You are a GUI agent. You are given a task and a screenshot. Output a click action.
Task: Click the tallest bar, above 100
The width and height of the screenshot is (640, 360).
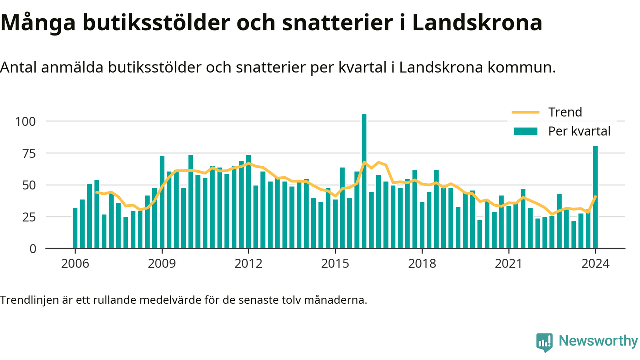(x=364, y=181)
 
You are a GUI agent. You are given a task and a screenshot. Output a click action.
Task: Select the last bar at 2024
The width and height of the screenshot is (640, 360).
(x=595, y=197)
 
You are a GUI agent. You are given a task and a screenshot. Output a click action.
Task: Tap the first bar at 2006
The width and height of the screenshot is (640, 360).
(x=75, y=228)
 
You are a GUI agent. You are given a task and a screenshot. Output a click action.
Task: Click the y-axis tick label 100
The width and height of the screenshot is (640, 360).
(x=25, y=122)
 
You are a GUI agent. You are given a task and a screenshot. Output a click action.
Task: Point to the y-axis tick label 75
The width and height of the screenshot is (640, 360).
(x=29, y=154)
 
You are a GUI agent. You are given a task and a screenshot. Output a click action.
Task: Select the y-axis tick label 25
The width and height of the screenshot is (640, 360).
(x=29, y=217)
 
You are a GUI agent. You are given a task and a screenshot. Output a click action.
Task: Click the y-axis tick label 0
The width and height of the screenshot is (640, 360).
(x=33, y=249)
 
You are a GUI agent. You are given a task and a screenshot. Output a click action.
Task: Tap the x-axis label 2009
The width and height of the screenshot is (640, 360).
(x=162, y=263)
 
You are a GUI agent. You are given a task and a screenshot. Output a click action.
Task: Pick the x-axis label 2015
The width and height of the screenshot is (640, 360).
(x=335, y=263)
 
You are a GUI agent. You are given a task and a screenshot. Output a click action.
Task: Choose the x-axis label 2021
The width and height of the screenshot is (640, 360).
(x=509, y=263)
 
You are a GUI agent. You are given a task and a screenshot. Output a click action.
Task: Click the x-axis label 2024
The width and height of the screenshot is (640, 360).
(x=595, y=263)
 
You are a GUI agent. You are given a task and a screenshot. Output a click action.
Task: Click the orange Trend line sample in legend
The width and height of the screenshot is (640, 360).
(x=525, y=112)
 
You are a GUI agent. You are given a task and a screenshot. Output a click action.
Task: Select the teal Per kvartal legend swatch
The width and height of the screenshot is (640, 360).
(x=525, y=131)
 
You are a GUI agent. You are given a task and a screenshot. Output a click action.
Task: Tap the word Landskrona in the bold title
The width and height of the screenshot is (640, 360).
(x=477, y=23)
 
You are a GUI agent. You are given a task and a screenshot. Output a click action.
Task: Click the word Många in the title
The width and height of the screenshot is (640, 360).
(x=38, y=23)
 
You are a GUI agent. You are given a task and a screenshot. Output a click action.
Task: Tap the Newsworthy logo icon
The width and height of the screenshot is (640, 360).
(x=544, y=342)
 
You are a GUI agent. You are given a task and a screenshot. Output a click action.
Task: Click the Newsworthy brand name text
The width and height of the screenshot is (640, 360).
(x=598, y=341)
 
